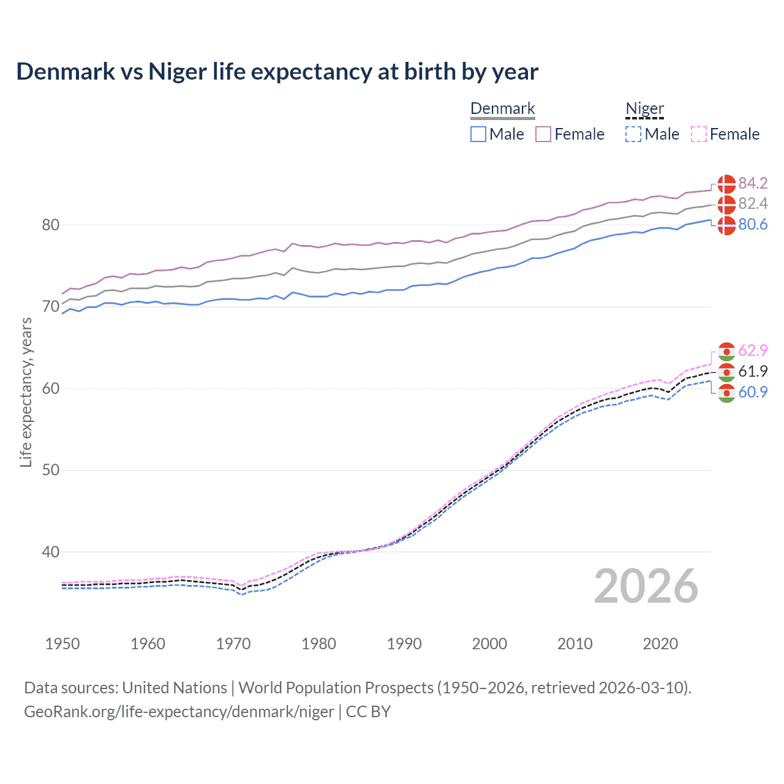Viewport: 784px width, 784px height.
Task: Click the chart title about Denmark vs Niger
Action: [277, 72]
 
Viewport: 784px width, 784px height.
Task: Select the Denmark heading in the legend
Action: [502, 108]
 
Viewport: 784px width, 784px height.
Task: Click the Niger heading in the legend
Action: [644, 108]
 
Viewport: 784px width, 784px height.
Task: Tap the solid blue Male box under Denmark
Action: [478, 134]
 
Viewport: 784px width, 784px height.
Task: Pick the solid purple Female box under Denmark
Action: [543, 134]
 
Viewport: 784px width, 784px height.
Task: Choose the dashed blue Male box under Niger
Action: [633, 134]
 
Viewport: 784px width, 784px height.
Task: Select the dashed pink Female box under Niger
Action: [698, 134]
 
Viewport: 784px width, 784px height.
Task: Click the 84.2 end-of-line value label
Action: [753, 183]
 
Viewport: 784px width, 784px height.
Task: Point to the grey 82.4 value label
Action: [753, 203]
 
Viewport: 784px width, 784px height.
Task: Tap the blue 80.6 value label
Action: [753, 224]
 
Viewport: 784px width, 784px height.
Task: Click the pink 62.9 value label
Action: [753, 350]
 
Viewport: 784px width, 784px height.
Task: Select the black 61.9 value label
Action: [753, 371]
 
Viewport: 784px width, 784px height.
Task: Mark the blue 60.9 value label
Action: [753, 392]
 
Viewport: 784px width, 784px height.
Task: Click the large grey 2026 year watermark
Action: [646, 586]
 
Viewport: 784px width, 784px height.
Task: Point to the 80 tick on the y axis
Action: [50, 225]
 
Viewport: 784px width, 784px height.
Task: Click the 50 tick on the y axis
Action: [50, 470]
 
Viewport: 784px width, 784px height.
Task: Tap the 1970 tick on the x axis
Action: [233, 644]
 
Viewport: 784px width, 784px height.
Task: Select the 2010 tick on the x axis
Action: [575, 644]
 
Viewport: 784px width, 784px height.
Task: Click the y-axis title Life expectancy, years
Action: [26, 392]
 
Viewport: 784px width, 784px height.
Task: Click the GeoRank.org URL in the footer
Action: [179, 712]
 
